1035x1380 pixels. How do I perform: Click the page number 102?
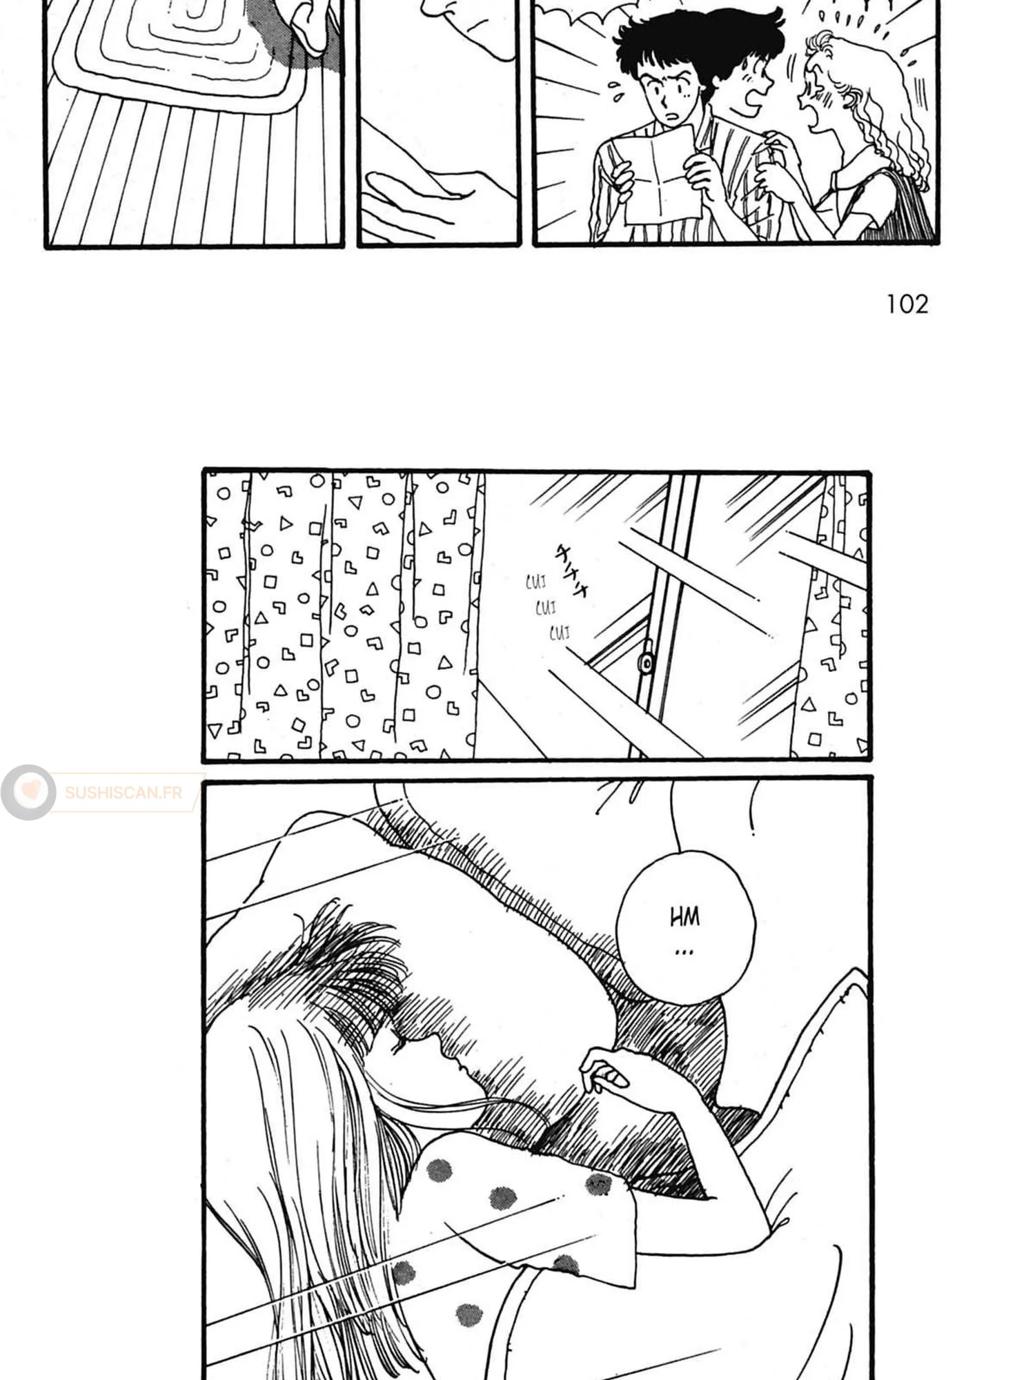pos(907,304)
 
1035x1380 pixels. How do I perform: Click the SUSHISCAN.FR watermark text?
pos(124,792)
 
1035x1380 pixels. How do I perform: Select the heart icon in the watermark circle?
pos(29,792)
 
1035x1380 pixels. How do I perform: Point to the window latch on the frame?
pos(647,662)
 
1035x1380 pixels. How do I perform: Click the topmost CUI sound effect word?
pos(536,583)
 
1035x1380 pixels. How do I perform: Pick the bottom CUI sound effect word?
pos(560,632)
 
